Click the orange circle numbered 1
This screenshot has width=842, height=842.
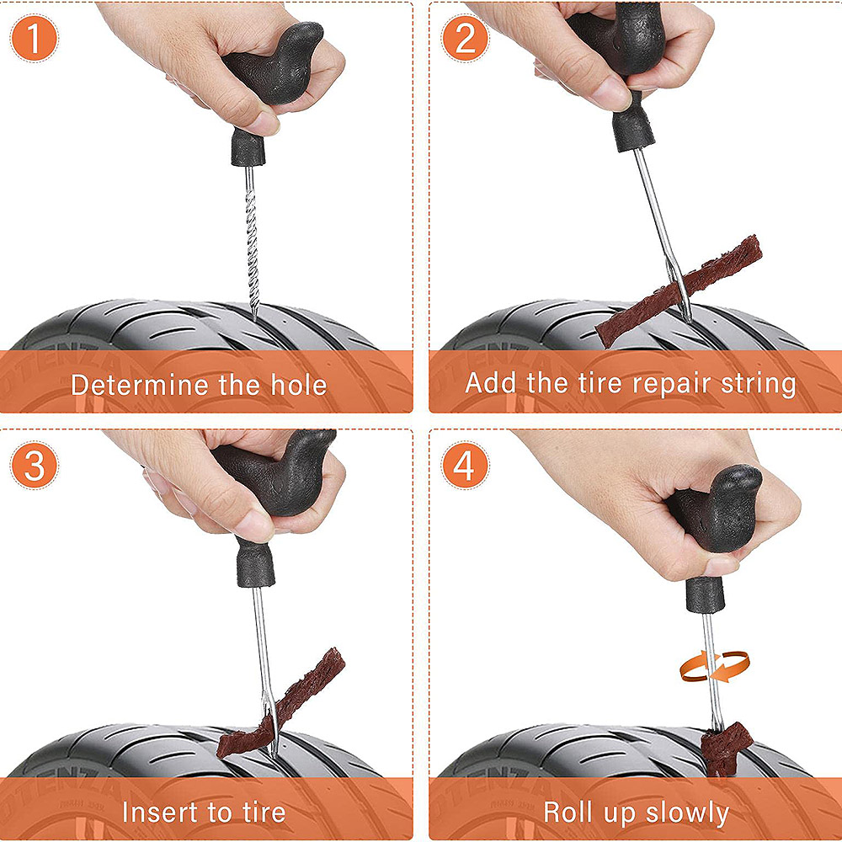point(34,38)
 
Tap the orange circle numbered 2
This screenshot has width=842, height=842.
point(465,38)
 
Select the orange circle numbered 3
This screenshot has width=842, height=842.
point(34,465)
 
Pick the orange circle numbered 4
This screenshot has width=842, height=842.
point(465,465)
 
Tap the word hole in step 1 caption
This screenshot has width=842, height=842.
point(299,385)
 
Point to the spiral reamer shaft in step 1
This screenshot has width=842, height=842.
point(251,242)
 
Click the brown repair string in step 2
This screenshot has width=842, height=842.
point(679,290)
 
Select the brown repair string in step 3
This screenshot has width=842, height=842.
point(281,703)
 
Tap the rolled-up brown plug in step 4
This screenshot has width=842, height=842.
point(727,746)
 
